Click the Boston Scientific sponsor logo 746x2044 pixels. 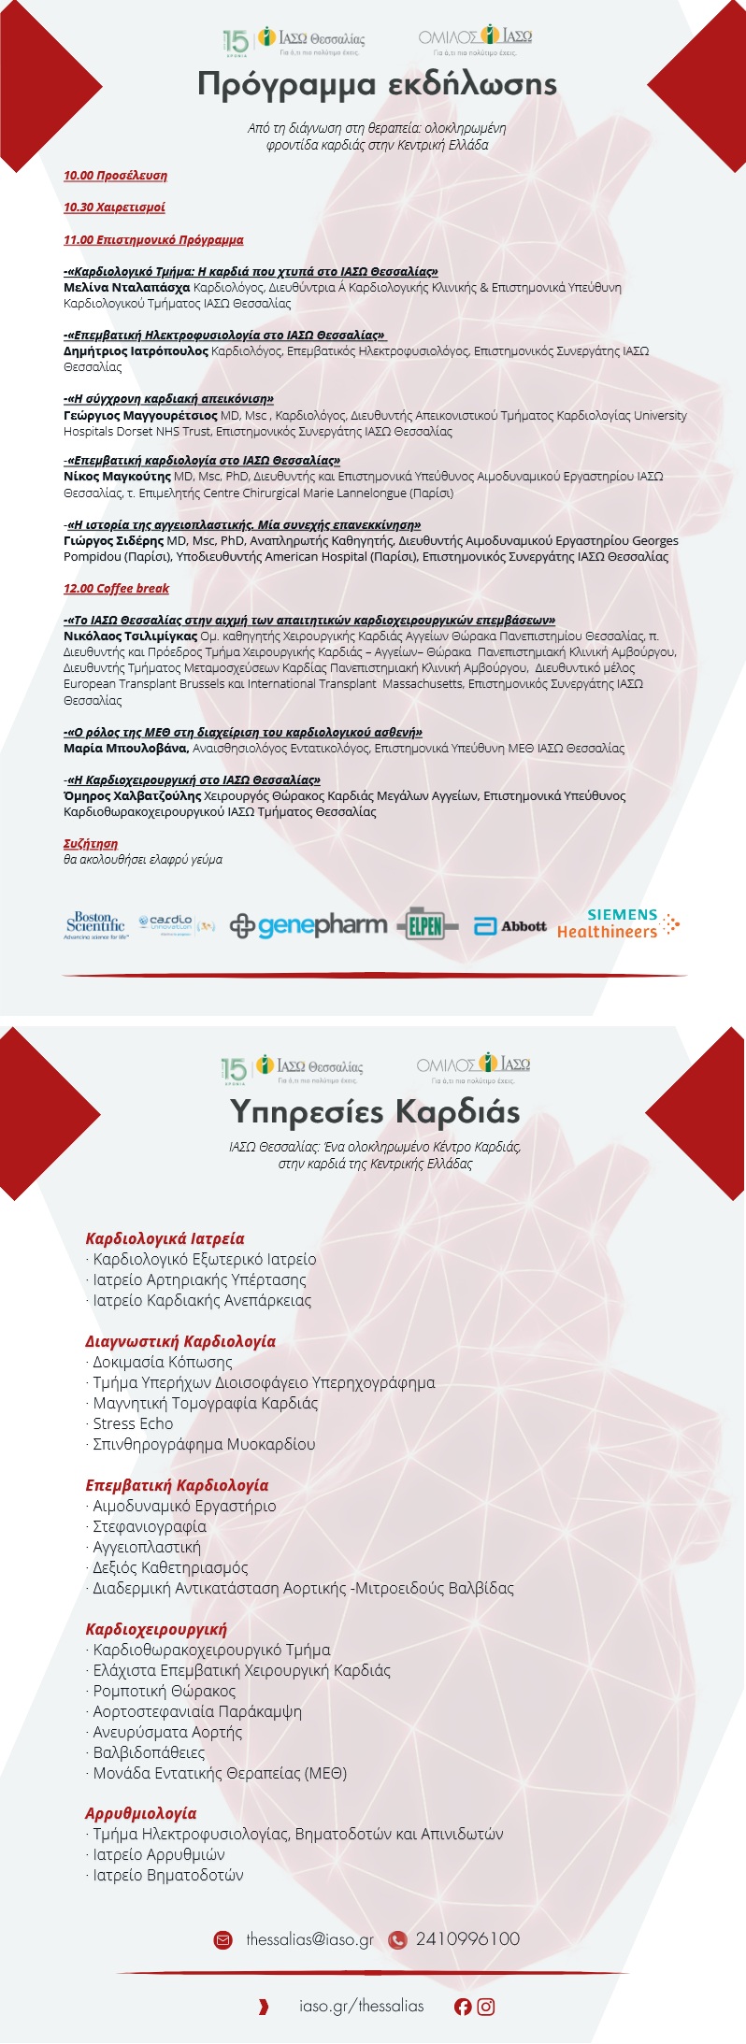pos(96,925)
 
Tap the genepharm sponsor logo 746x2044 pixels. pos(308,925)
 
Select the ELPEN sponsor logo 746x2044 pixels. pos(427,925)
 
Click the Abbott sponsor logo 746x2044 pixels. pos(511,926)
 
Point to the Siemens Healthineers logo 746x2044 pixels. pos(618,923)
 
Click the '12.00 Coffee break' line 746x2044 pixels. pos(116,589)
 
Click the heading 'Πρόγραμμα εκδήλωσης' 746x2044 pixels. pos(377,84)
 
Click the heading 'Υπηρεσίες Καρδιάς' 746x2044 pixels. pos(375,1112)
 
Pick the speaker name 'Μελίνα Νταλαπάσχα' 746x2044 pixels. pos(126,288)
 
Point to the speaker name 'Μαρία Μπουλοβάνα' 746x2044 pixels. pos(126,749)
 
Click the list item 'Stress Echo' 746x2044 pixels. pos(133,1423)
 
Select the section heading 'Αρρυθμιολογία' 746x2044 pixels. pos(141,1814)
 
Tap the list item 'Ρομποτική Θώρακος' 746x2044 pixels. pos(164,1691)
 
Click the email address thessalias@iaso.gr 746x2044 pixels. pos(309,1939)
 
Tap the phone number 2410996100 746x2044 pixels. pos(467,1939)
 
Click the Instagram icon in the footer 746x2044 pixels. pos(486,2007)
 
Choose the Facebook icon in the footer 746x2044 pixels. pos(463,2007)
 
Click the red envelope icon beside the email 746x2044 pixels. pos(222,1940)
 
